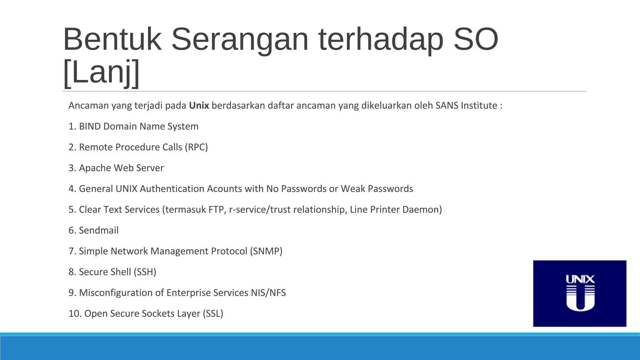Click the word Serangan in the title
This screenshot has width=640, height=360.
(x=240, y=40)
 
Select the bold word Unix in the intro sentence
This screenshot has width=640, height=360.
(x=199, y=106)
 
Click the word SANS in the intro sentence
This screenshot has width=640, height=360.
(x=447, y=106)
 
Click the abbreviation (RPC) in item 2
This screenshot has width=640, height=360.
(x=196, y=147)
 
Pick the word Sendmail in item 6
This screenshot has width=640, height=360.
(x=99, y=230)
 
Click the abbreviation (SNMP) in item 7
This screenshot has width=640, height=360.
(x=266, y=251)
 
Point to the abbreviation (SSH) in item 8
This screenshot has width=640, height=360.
(x=145, y=272)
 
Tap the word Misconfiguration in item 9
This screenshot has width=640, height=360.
(x=122, y=293)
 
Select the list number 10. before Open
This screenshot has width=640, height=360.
(x=75, y=313)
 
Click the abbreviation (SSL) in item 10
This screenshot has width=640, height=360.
(x=213, y=313)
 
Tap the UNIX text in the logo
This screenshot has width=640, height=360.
(x=580, y=279)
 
